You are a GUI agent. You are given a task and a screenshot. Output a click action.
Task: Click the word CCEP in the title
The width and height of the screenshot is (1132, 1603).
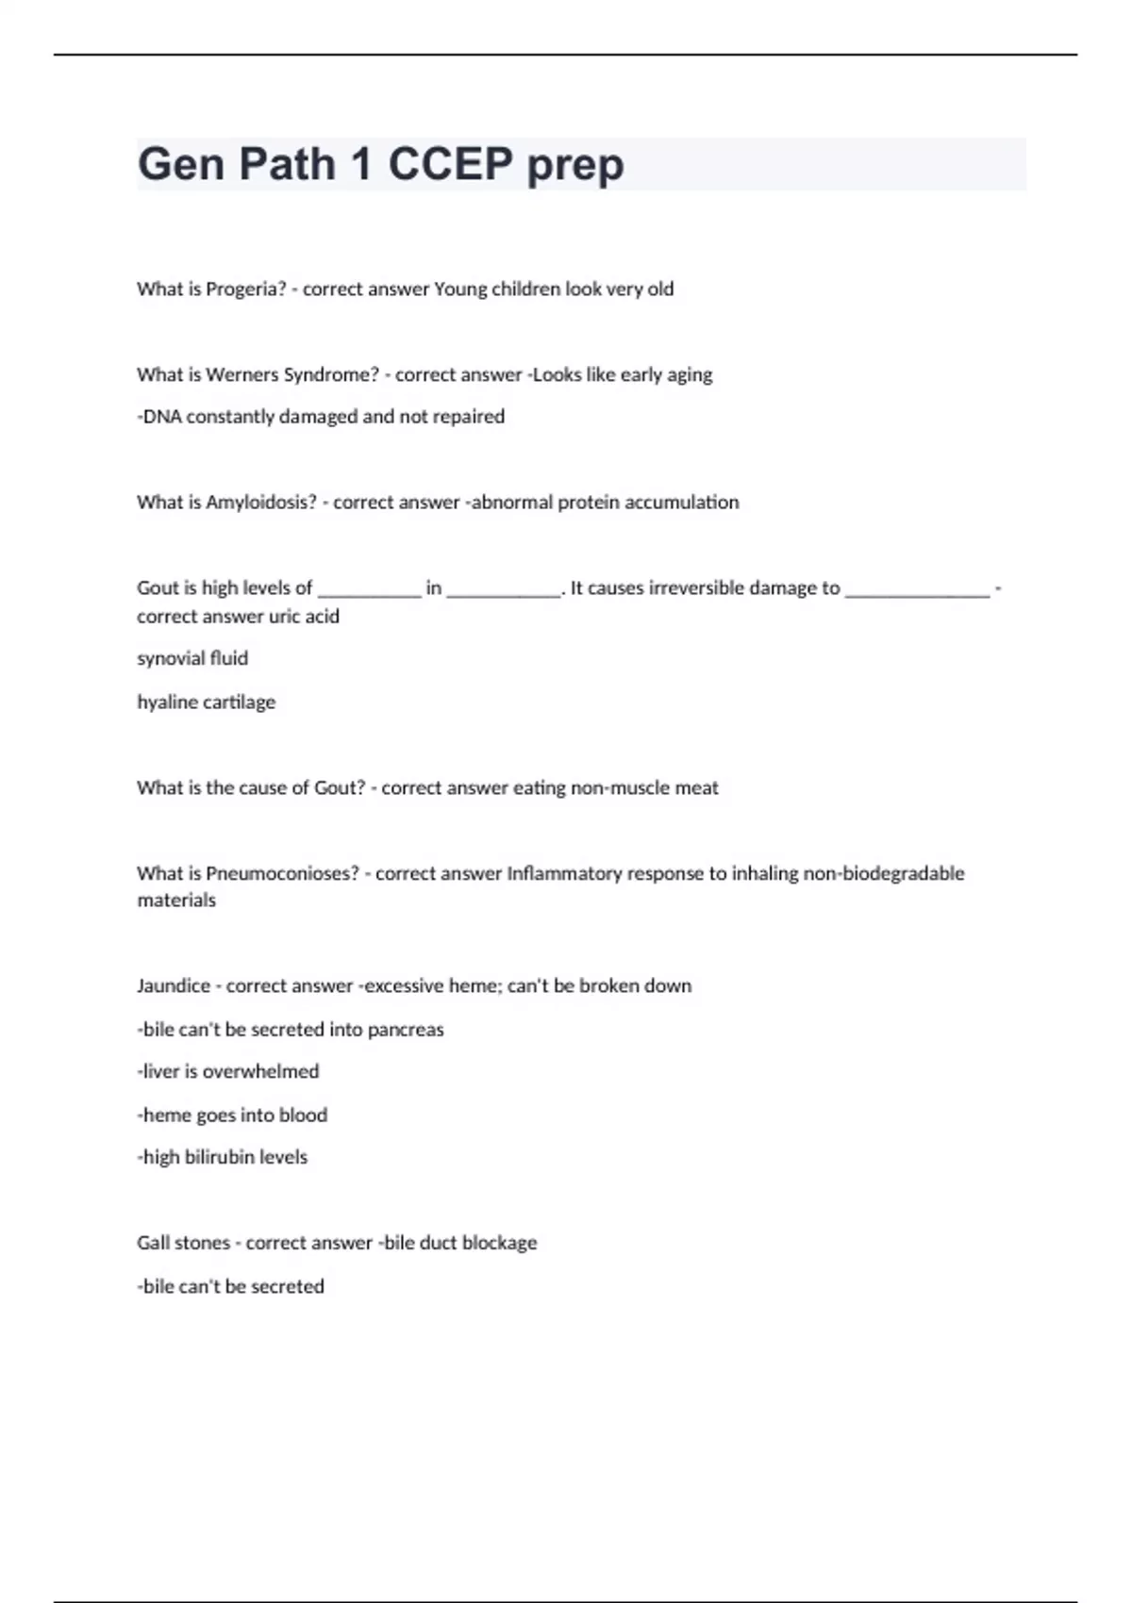(450, 165)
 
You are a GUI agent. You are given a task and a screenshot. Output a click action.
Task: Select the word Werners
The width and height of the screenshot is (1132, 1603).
(241, 375)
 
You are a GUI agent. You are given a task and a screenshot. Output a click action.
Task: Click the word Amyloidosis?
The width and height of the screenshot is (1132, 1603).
(261, 503)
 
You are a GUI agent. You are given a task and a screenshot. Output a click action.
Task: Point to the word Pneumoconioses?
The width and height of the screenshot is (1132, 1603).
(282, 874)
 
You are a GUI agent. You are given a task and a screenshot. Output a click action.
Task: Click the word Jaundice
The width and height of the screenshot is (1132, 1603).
(174, 986)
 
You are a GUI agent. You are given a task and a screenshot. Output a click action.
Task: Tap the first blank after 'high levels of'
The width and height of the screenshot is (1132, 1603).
(370, 589)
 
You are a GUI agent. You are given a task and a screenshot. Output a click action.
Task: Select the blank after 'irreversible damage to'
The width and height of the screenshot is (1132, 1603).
(917, 589)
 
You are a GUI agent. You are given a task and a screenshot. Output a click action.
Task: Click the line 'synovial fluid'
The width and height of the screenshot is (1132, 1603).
(192, 659)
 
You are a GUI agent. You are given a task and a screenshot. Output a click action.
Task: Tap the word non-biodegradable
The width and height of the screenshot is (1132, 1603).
(883, 874)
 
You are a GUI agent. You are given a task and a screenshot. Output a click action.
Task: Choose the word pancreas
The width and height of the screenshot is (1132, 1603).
(406, 1030)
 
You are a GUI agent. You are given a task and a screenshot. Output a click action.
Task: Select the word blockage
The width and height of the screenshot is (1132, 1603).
(499, 1244)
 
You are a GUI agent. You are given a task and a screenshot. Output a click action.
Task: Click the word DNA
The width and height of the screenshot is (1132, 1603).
(161, 417)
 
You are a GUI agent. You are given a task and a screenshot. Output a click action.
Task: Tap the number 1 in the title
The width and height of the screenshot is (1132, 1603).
(360, 165)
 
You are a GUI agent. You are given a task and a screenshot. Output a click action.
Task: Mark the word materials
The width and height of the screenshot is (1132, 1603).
(176, 901)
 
